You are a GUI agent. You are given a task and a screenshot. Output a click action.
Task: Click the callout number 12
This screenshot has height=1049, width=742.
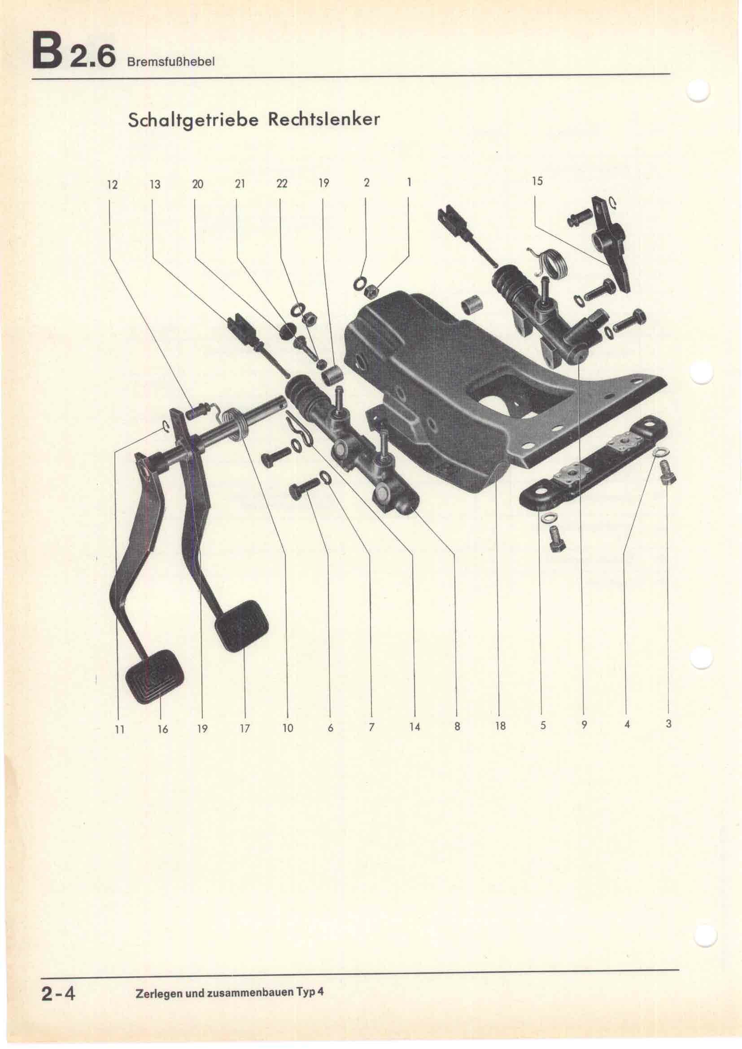tap(112, 185)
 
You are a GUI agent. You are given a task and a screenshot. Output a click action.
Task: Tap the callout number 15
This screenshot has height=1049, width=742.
tap(537, 181)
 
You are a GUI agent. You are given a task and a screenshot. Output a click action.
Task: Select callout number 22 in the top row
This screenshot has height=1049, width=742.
tap(282, 184)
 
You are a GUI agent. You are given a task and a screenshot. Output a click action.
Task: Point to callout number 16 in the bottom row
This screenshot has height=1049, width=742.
tap(163, 730)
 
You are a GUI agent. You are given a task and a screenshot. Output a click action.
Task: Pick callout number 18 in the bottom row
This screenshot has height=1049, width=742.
tap(500, 726)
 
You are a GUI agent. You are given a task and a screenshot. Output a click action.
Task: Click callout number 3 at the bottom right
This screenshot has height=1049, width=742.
tap(668, 724)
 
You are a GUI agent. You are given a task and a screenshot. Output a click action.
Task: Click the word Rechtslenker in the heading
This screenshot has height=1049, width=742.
tap(323, 120)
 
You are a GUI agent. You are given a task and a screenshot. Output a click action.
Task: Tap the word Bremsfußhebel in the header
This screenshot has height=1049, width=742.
tap(170, 62)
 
